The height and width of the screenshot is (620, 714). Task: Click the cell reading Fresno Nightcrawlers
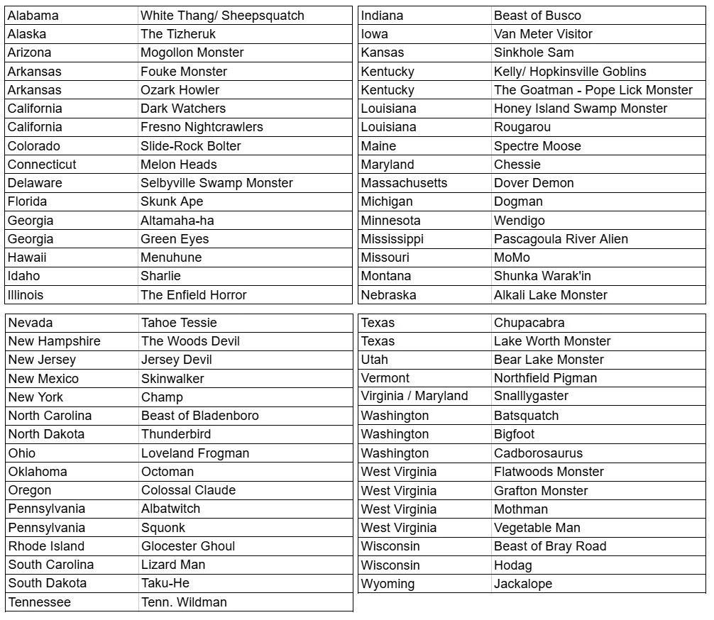(x=202, y=127)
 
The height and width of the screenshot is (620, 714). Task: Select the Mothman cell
(x=521, y=509)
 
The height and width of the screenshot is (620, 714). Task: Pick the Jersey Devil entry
(x=176, y=360)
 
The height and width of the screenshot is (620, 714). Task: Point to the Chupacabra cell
(x=529, y=323)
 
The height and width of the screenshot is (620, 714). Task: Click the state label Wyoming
(x=388, y=584)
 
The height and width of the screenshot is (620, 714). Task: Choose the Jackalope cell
(x=522, y=584)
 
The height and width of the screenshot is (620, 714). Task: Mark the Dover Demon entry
(x=534, y=183)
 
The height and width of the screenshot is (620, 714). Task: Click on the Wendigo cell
(x=519, y=221)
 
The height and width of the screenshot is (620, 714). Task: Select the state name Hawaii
(x=27, y=258)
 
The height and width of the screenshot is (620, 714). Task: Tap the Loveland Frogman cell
(x=194, y=453)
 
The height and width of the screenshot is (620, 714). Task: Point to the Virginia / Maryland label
(x=414, y=396)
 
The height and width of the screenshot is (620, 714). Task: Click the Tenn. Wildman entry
(x=184, y=602)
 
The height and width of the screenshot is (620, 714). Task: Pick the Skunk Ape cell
(x=172, y=201)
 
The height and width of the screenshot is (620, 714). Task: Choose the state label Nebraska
(x=388, y=295)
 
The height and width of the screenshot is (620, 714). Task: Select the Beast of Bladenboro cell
(x=199, y=416)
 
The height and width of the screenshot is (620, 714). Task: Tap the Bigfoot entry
(x=514, y=434)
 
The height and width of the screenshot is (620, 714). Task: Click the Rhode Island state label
(x=46, y=546)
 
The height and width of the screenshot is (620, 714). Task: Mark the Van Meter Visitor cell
(x=543, y=34)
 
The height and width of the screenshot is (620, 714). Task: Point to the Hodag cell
(x=512, y=565)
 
